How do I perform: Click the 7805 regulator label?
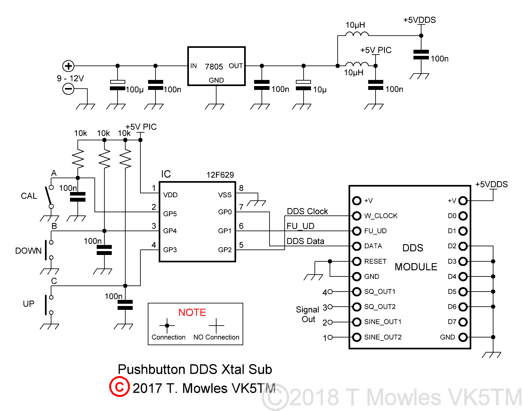click(x=214, y=66)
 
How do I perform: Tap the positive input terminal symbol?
click(x=68, y=66)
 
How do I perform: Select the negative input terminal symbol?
click(x=68, y=89)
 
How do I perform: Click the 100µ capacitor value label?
click(x=134, y=90)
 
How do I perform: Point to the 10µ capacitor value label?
click(x=320, y=90)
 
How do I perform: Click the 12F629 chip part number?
click(x=220, y=175)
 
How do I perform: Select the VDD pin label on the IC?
click(x=170, y=195)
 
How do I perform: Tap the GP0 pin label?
click(x=225, y=212)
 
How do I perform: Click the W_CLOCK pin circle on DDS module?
click(x=357, y=216)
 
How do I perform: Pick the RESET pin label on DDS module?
click(x=375, y=261)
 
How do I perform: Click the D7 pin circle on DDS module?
click(x=463, y=322)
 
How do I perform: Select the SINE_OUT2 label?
click(x=383, y=337)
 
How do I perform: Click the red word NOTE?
click(x=192, y=312)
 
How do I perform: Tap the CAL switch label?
click(x=29, y=196)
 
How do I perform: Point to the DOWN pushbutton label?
click(x=28, y=251)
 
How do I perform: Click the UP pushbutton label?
click(x=29, y=304)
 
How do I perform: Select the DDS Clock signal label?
click(x=307, y=211)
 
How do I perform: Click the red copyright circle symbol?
click(x=119, y=387)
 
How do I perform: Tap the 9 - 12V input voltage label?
click(x=70, y=78)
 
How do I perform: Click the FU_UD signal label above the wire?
click(x=300, y=226)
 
